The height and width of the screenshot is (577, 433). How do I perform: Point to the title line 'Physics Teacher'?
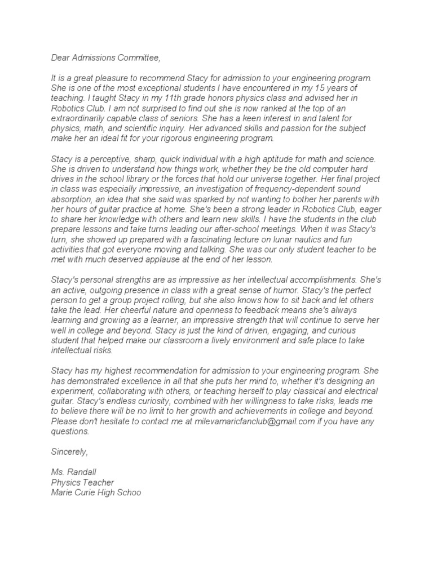pyautogui.click(x=82, y=483)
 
